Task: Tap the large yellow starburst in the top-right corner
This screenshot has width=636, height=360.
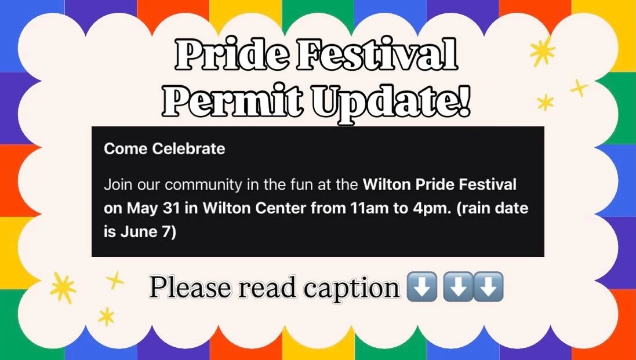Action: (543, 50)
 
